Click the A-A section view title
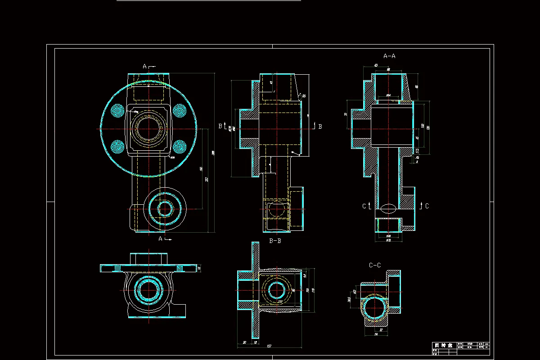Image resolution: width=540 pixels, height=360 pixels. (x=389, y=56)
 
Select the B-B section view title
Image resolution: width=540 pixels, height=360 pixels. (x=275, y=241)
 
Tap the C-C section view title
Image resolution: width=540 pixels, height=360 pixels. (x=375, y=265)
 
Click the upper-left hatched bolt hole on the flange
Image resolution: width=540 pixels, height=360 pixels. (x=118, y=110)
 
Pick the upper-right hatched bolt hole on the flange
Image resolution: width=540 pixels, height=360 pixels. (x=180, y=110)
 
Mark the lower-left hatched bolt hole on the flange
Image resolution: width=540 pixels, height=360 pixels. (x=118, y=146)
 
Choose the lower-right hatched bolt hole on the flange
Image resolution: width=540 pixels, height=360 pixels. (x=180, y=146)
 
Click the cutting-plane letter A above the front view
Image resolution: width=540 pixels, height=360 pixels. (x=145, y=67)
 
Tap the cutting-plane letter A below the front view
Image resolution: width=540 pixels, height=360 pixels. (x=160, y=239)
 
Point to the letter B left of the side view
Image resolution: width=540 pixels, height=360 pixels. (x=220, y=126)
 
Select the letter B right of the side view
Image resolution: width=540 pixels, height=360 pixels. (x=320, y=126)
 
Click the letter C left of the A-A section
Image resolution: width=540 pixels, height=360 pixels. (x=364, y=206)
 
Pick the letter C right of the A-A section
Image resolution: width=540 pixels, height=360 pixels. (x=427, y=206)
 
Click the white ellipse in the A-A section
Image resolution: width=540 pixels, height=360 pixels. (x=388, y=208)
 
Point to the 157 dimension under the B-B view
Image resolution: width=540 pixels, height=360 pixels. (x=269, y=346)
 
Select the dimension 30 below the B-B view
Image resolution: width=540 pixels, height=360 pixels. (x=244, y=342)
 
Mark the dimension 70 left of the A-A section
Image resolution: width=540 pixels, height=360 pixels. (x=346, y=114)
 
